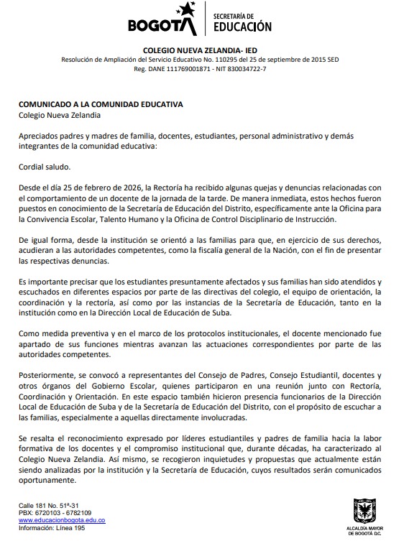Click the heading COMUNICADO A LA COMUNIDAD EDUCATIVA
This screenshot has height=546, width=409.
101,104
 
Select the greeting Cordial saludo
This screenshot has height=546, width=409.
44,167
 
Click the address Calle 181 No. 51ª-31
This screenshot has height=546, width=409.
49,506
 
